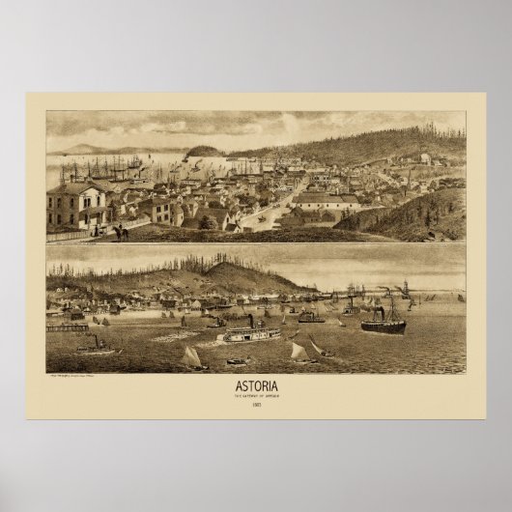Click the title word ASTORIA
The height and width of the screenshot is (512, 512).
point(256,385)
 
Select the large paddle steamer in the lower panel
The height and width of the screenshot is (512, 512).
point(251,334)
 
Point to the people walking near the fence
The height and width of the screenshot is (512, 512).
point(120,232)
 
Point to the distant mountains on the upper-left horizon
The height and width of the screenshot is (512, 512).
point(87,148)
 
